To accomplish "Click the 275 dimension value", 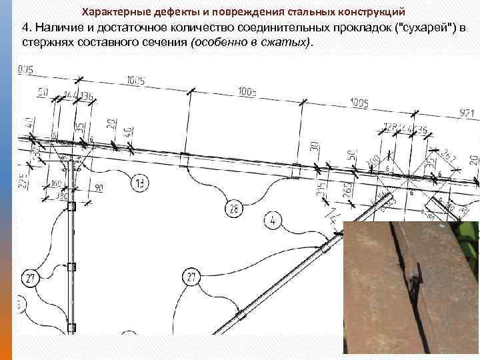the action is pyautogui.click(x=23, y=179).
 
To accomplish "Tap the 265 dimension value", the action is pyautogui.click(x=347, y=189).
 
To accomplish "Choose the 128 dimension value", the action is pyautogui.click(x=390, y=127).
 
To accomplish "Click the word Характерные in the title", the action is pyautogui.click(x=114, y=12).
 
